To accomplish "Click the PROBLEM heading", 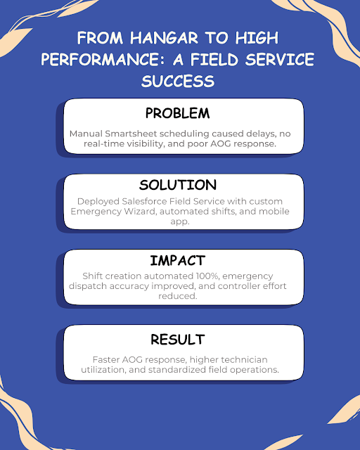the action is coord(178,113).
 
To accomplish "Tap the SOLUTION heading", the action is coord(178,185).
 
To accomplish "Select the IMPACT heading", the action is coord(178,261).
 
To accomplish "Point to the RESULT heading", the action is coord(178,339).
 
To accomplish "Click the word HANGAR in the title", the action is coord(164,38).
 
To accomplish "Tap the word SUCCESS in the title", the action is coord(178,81).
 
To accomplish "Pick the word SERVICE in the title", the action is coord(280,59).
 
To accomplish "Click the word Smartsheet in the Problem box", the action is coord(131,134).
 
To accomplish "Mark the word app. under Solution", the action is coord(180,222).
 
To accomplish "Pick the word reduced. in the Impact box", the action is coord(178,296).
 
